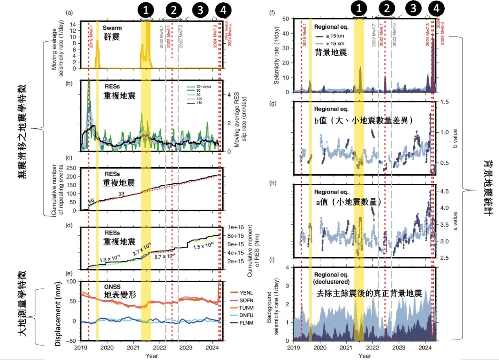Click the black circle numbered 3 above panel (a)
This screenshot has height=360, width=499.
[x=200, y=11]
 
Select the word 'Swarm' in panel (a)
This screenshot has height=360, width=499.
[x=112, y=28]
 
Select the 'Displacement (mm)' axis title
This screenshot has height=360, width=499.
[x=58, y=311]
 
